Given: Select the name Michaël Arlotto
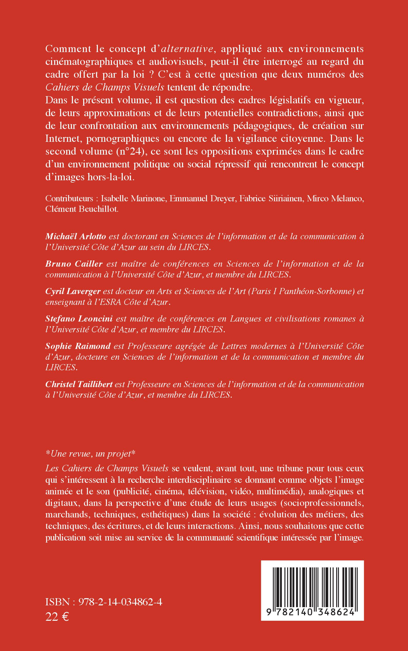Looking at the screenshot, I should click(x=76, y=236).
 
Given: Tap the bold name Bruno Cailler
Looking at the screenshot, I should click(x=74, y=264).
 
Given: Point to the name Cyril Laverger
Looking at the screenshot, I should click(x=73, y=291).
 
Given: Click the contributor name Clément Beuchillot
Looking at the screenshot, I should click(x=82, y=210).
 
